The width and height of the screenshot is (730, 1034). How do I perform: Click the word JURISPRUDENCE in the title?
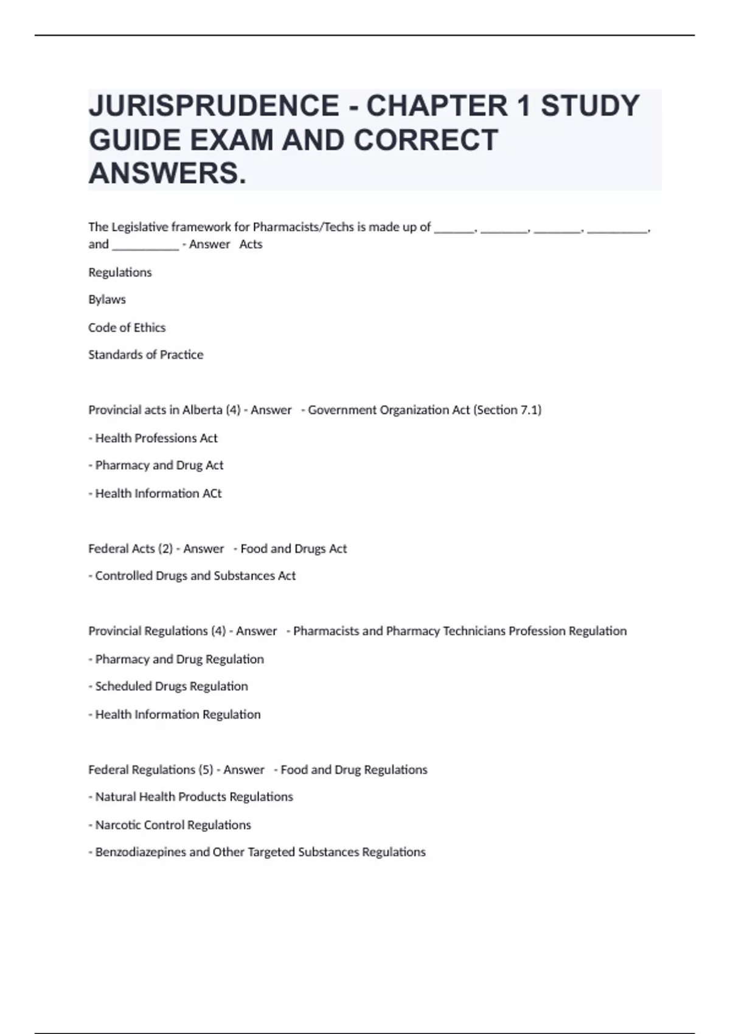[214, 106]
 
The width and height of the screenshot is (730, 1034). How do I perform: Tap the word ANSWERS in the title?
[167, 173]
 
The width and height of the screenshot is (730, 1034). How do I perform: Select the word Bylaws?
[107, 299]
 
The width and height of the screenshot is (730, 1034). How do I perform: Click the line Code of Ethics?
[127, 327]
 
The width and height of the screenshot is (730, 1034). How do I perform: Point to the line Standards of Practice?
[145, 355]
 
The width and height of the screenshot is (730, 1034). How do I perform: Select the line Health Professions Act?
[156, 438]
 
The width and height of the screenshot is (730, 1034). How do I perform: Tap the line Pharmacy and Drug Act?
[159, 465]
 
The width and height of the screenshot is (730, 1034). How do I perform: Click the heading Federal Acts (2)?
[130, 549]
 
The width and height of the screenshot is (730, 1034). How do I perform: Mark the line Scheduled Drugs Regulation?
[171, 686]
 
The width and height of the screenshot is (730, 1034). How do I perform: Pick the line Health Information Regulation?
[177, 714]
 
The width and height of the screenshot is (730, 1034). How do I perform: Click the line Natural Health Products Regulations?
[193, 797]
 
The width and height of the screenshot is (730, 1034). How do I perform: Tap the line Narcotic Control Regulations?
[173, 825]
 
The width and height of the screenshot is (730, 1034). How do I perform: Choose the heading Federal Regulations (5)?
[150, 769]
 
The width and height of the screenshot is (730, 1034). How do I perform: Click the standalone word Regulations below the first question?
[120, 272]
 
